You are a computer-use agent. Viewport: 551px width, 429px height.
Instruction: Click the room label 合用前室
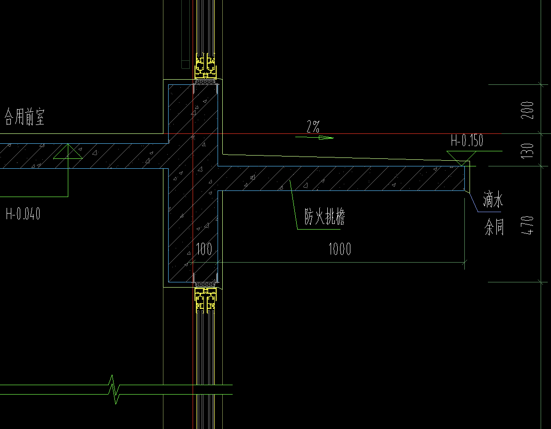[x=24, y=117]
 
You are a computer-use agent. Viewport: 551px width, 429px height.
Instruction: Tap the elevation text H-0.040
[x=23, y=214]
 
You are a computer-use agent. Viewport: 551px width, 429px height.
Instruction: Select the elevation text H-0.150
[x=467, y=140]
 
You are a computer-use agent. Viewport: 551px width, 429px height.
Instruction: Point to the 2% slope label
[x=313, y=127]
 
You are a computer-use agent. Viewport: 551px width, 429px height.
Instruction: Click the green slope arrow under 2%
[x=315, y=138]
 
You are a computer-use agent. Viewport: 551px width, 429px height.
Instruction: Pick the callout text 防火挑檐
[x=324, y=216]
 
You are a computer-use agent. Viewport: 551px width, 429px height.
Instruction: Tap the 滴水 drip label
[x=493, y=199]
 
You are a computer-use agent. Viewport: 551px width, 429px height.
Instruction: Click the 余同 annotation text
[x=494, y=227]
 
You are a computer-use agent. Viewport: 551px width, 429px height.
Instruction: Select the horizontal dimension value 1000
[x=340, y=249]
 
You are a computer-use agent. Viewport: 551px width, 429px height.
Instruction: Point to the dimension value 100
[x=204, y=249]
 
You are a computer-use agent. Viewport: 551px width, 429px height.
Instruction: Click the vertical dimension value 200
[x=527, y=110]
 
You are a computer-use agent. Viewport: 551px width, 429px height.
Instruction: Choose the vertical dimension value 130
[x=527, y=150]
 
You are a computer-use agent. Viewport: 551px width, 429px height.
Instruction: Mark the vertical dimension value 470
[x=527, y=225]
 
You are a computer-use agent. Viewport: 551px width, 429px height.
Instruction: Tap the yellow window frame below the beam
[x=206, y=300]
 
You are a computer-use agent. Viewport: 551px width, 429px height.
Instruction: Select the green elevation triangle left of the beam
[x=68, y=151]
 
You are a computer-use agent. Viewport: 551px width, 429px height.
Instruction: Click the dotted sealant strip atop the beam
[x=205, y=82]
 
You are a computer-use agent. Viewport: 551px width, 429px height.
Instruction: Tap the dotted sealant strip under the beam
[x=205, y=284]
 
